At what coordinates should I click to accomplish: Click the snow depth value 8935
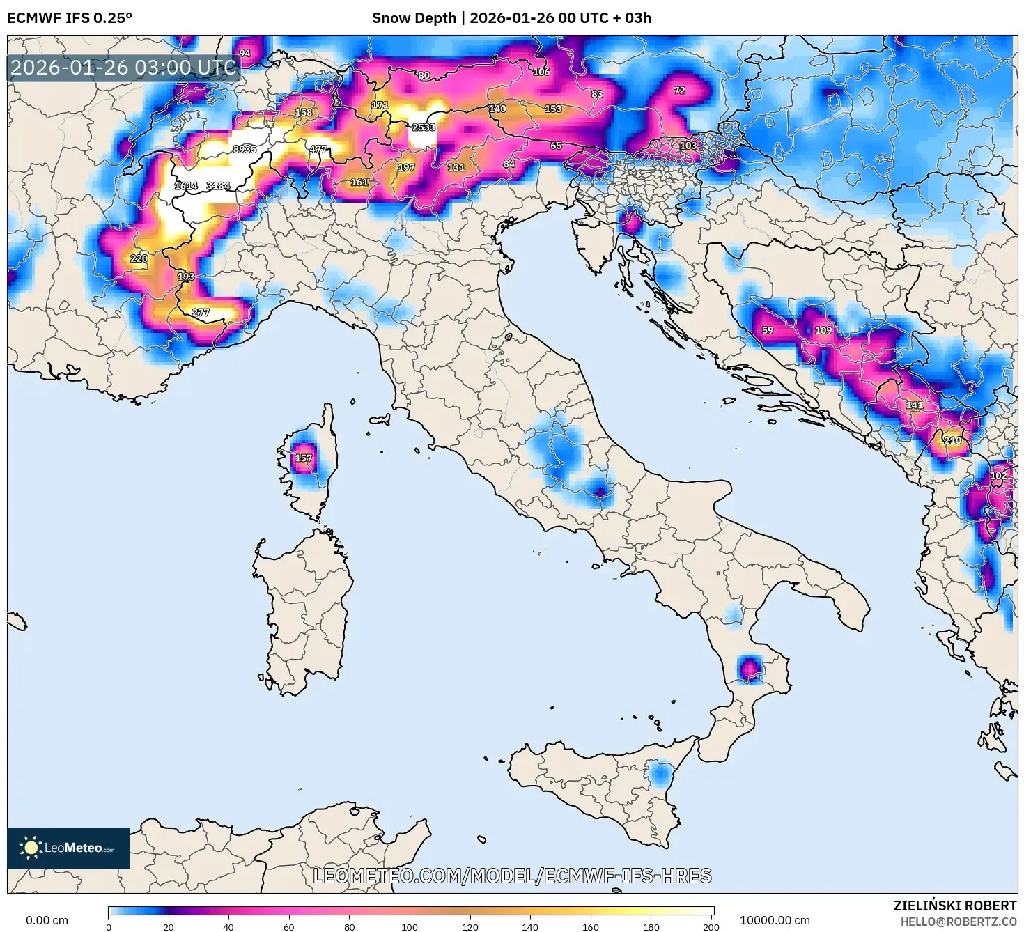coord(245,149)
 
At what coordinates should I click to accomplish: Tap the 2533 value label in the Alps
coord(424,127)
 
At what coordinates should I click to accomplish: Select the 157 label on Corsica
coord(303,458)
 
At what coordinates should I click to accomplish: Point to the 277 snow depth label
coord(200,312)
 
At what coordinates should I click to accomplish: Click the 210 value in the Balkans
coord(952,440)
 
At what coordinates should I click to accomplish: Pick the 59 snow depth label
coord(767,330)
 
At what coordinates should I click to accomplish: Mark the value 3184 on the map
coord(218,185)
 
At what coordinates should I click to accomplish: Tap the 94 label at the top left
coord(245,53)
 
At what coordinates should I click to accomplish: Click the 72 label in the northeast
coord(679,90)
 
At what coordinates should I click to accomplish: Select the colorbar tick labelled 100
coord(410,926)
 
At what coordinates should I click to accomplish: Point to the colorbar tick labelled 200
coord(711,926)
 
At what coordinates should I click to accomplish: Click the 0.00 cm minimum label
coord(47,920)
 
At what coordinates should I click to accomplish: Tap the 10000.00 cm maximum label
coord(775,920)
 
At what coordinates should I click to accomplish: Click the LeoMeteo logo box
coord(68,848)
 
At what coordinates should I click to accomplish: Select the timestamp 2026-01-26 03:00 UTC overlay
coord(123,68)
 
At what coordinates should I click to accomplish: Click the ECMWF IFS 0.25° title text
coord(69,18)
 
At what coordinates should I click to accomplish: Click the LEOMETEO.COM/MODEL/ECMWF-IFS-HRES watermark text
coord(512,876)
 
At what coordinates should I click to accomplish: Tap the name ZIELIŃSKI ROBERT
coord(954,906)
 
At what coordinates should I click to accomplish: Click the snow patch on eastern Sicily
coord(660,774)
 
